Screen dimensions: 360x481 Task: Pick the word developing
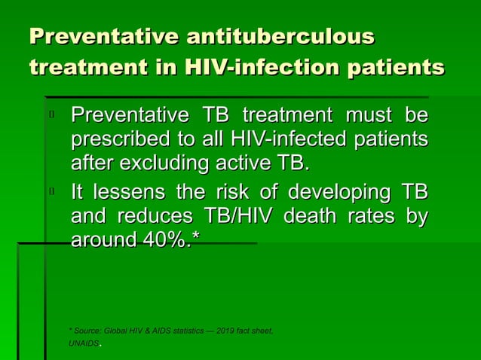[339, 193]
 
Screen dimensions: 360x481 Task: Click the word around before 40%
[102, 240]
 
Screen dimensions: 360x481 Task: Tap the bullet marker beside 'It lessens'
[52, 193]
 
